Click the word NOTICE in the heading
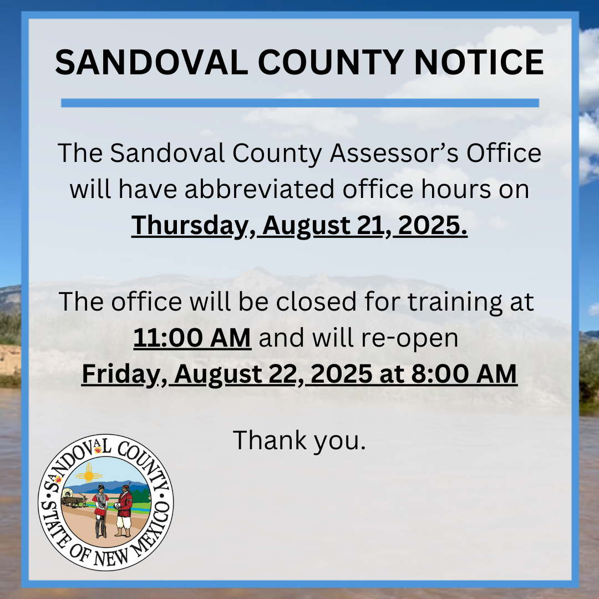pos(479,62)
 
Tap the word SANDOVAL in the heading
pos(151,62)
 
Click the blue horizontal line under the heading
pos(300,103)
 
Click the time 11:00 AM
pos(192,338)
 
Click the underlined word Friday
pos(121,374)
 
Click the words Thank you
pos(299,440)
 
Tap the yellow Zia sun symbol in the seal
pos(89,475)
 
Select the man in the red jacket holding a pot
pos(124,511)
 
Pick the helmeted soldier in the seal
pos(100,511)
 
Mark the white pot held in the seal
pos(118,506)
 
